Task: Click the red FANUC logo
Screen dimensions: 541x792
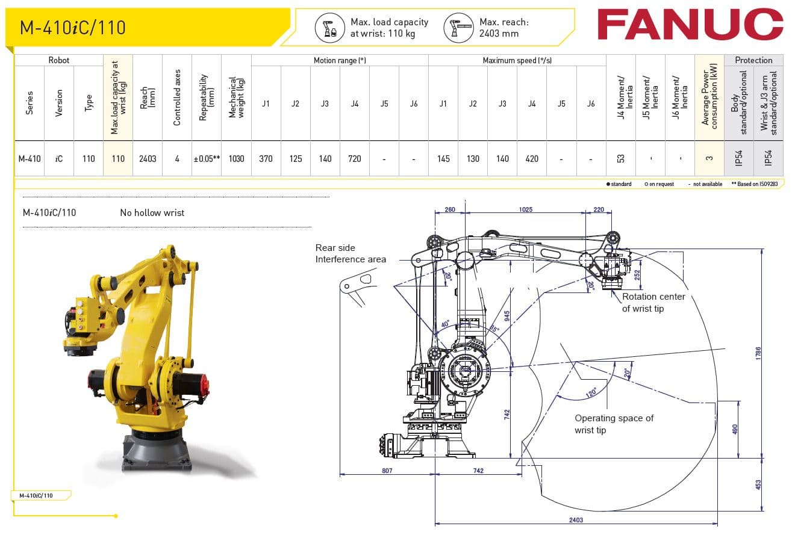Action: [x=690, y=25]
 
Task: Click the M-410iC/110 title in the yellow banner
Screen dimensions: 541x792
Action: [x=73, y=28]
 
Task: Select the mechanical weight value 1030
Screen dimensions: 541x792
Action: [x=236, y=159]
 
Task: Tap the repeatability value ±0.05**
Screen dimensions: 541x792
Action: [x=207, y=159]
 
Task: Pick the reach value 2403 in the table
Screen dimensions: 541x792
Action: [x=148, y=159]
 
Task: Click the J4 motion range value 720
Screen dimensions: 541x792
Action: [x=355, y=159]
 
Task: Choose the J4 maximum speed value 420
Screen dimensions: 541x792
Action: [x=532, y=159]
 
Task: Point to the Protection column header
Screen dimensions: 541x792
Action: [x=753, y=60]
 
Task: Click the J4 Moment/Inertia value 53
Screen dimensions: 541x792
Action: [x=621, y=159]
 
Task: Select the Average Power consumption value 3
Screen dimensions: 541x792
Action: [x=709, y=159]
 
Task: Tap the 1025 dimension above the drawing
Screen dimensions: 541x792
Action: [x=526, y=210]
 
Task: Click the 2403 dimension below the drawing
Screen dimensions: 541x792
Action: [x=576, y=519]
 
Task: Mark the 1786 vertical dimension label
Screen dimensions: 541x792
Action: [x=759, y=353]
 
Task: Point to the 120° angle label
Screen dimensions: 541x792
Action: [x=591, y=392]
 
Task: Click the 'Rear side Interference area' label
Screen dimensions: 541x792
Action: [x=351, y=253]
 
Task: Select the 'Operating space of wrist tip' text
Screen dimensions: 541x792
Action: [x=614, y=424]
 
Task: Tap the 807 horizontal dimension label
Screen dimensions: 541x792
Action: [x=387, y=471]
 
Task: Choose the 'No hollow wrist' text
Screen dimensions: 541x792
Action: [x=152, y=212]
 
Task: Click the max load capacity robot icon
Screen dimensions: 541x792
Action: [x=330, y=28]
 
